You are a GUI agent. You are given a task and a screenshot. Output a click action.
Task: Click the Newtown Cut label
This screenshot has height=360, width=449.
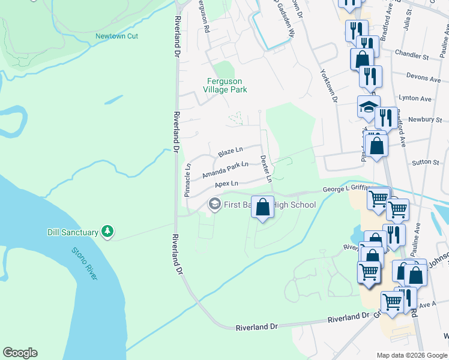pos(116,36)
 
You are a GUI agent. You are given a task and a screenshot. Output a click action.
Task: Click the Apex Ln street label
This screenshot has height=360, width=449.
pos(226,183)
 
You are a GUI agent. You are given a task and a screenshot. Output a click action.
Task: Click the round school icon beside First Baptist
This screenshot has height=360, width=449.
pos(213,205)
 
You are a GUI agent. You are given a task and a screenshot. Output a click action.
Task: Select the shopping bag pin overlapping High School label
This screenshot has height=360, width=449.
pos(262,208)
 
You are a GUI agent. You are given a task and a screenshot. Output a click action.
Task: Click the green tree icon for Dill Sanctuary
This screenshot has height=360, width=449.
pos(107,232)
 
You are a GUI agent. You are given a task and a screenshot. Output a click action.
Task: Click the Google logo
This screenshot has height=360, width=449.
pos(20,353)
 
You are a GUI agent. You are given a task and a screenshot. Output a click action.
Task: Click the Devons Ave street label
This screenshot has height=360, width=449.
pos(423,78)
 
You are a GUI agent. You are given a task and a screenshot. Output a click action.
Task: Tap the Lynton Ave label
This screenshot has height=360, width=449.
pos(415,98)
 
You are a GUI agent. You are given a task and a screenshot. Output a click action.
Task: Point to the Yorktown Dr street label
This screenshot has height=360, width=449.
pos(330,89)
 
